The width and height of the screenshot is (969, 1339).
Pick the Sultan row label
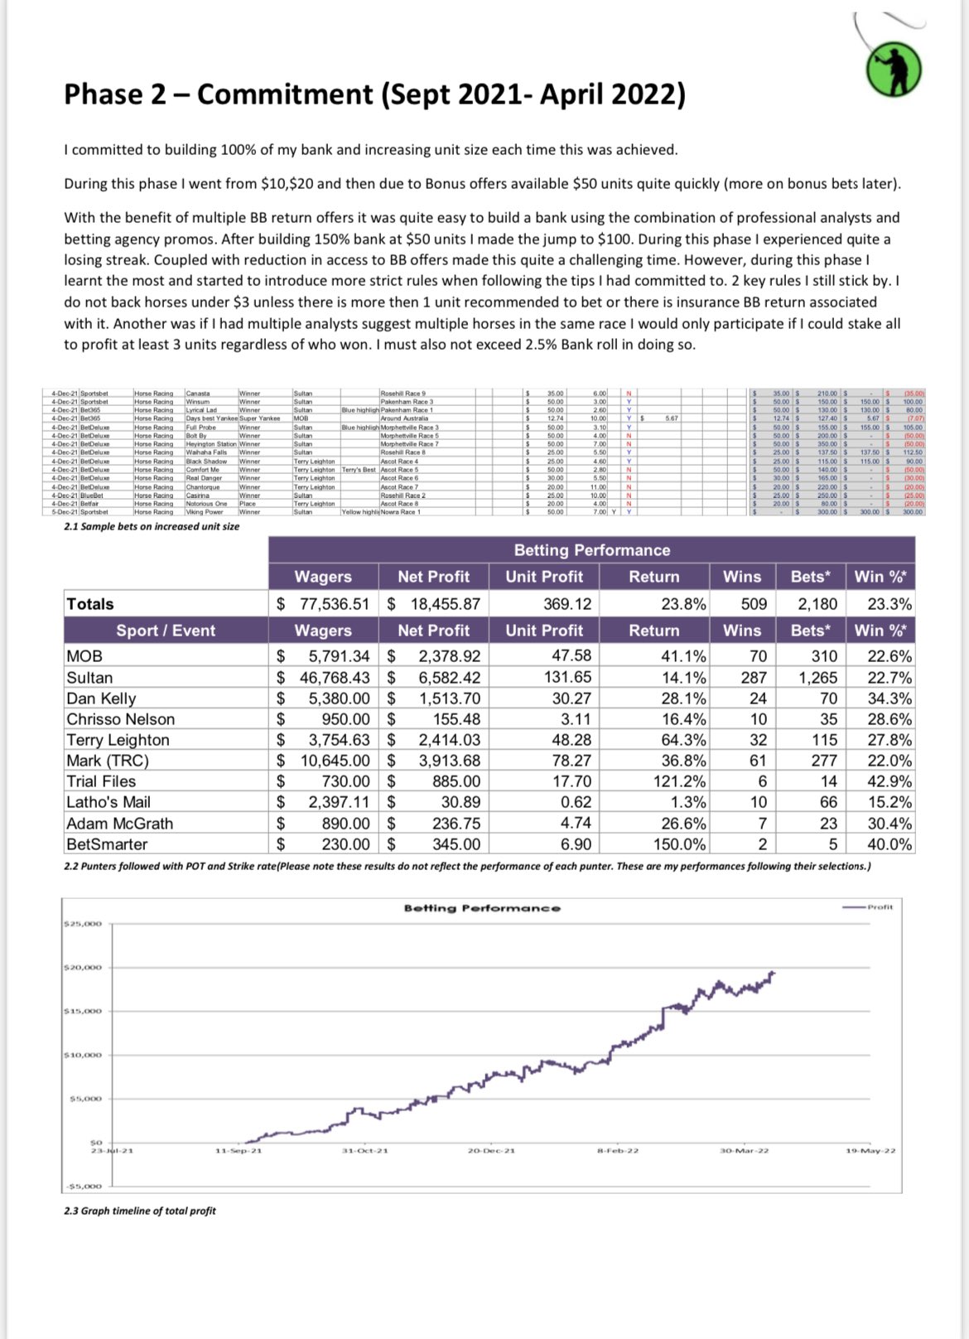[x=89, y=677]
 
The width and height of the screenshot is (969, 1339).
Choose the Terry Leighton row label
[x=118, y=740]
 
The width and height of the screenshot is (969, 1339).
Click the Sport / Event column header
[x=166, y=631]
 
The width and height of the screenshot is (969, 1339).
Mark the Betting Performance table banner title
[x=591, y=550]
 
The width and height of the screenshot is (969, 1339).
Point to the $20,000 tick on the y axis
[x=83, y=967]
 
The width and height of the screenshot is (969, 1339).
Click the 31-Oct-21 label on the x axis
[x=364, y=1151]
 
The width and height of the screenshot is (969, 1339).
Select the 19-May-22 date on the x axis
[x=870, y=1151]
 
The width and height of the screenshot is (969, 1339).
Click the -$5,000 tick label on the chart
[x=83, y=1186]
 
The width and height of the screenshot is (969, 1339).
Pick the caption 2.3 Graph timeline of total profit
[x=140, y=1211]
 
